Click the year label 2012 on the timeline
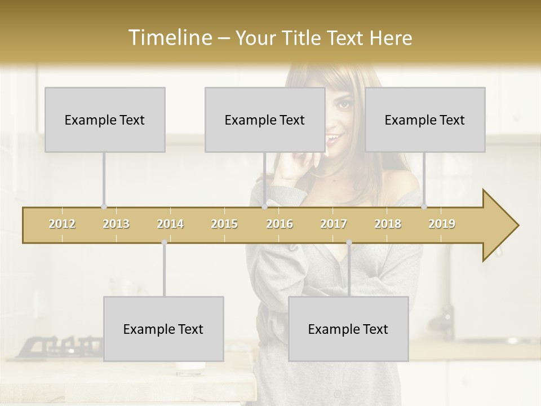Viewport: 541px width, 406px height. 62,224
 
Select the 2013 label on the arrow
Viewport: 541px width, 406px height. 116,224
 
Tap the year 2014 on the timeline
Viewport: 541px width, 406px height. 170,224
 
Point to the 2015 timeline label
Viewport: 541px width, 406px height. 224,224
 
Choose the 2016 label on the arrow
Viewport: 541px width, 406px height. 280,224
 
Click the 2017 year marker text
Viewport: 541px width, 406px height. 334,224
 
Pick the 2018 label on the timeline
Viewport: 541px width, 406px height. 388,224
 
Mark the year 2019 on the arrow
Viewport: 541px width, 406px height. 442,224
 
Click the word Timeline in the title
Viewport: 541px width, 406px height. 169,38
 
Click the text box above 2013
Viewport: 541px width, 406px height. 105,120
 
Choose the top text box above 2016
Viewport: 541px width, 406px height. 265,120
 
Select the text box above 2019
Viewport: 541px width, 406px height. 425,120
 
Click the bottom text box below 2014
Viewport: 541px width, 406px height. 163,329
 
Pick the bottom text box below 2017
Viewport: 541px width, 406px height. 348,329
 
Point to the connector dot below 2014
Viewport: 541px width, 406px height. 164,242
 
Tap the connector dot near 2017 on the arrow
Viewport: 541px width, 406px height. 349,242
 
